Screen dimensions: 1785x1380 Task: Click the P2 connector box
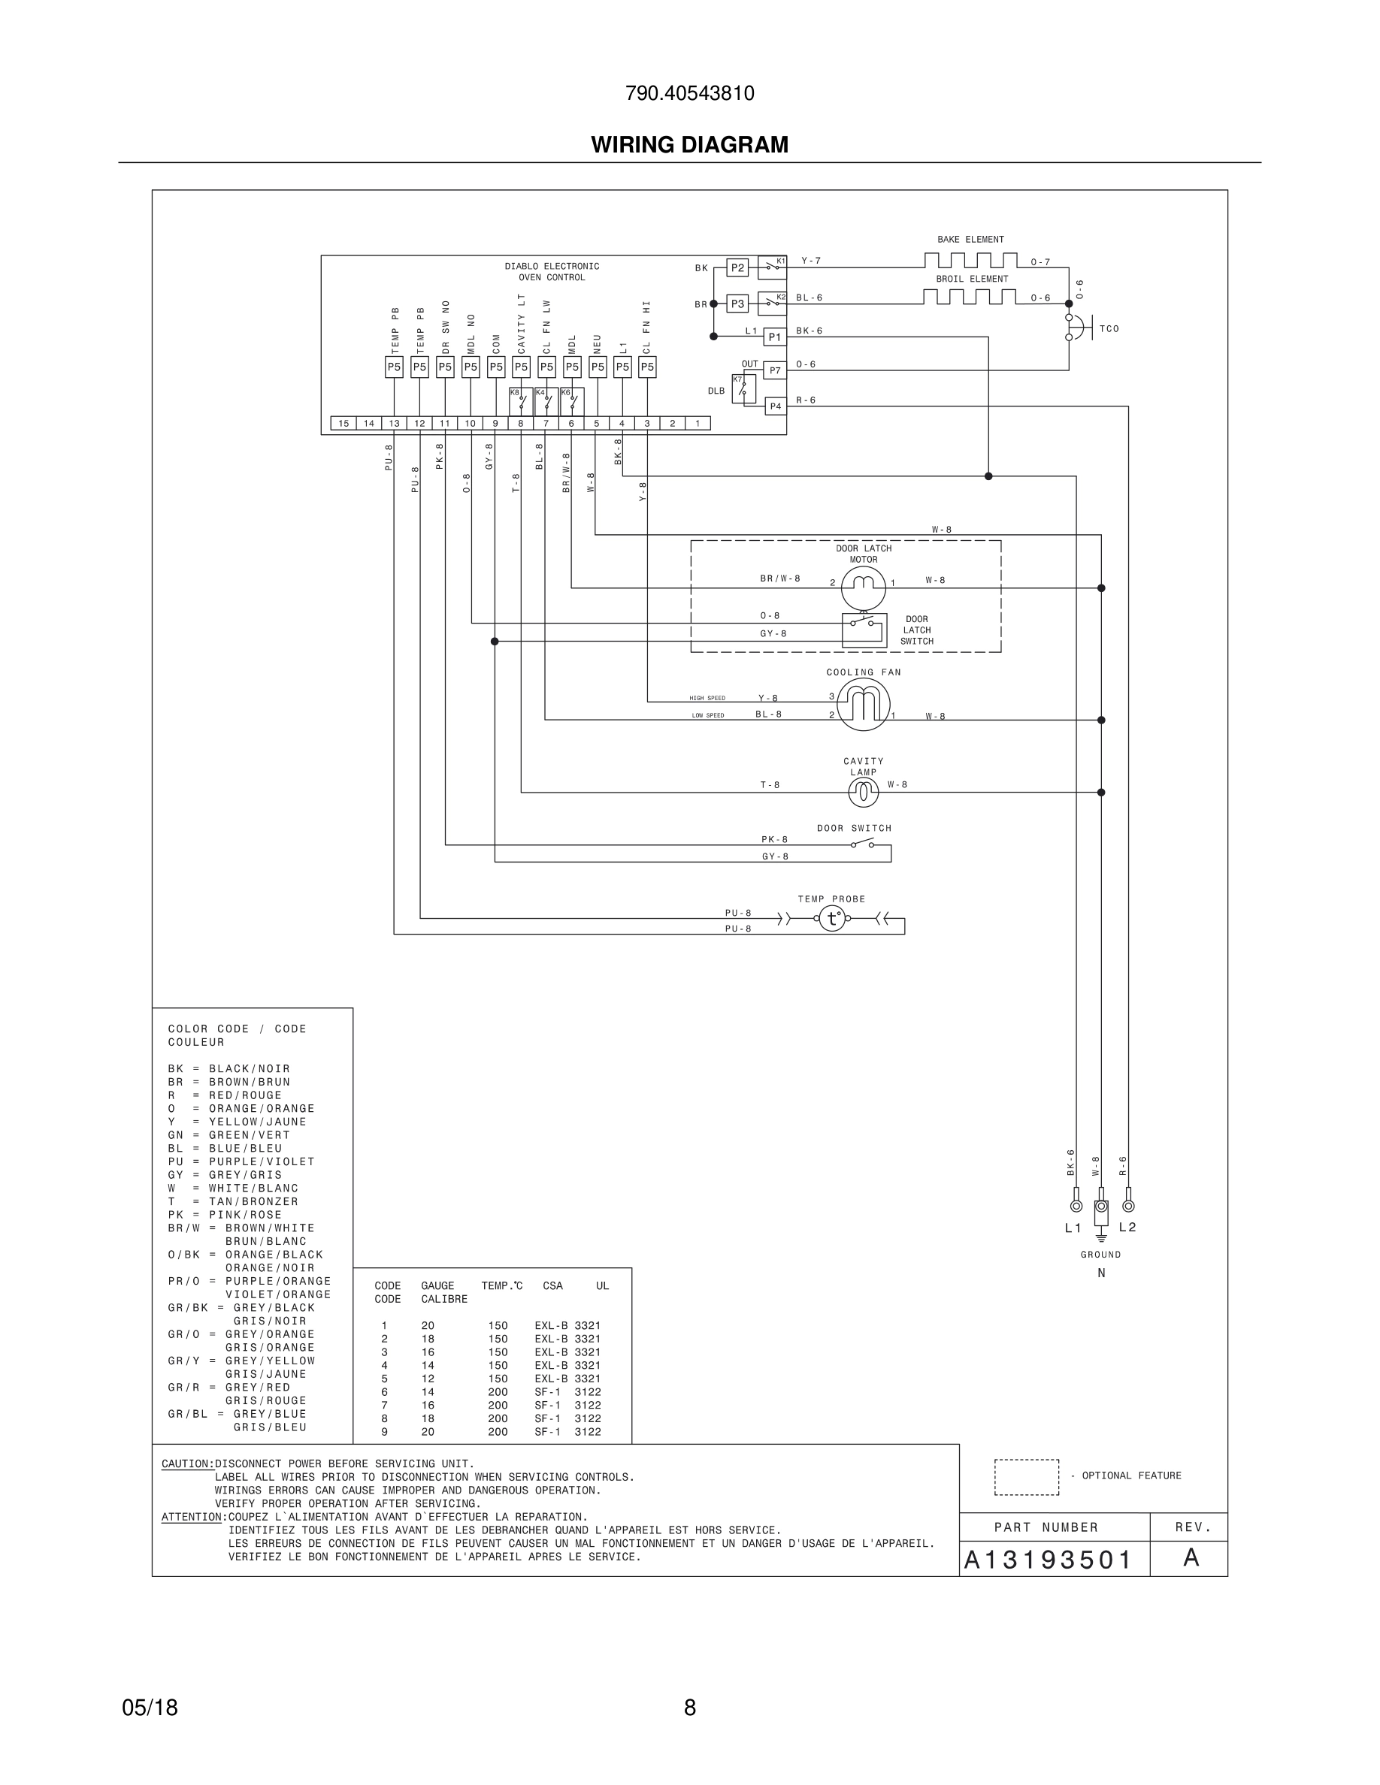coord(737,267)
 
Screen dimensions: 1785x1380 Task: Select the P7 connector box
coord(774,370)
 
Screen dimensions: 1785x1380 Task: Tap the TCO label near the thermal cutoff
coord(1109,329)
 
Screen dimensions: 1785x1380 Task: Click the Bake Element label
coord(970,240)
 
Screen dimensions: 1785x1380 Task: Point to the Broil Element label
coord(972,279)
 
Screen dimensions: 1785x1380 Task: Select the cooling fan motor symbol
coord(864,704)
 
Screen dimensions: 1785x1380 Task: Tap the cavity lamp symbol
coord(864,791)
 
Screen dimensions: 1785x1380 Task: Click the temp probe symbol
coord(832,919)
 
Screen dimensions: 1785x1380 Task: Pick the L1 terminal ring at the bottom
coord(1076,1207)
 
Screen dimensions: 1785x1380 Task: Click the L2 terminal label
coord(1127,1228)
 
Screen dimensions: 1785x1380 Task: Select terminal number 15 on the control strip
coord(343,424)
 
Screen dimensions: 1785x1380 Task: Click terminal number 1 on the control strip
coord(698,424)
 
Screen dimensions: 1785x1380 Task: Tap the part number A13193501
coord(1047,1560)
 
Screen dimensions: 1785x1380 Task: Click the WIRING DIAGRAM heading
coord(689,145)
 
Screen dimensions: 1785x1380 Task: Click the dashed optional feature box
coord(1026,1477)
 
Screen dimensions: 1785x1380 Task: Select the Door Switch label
coord(854,828)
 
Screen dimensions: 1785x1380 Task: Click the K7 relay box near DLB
coord(743,389)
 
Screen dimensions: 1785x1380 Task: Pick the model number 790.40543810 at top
coord(689,93)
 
